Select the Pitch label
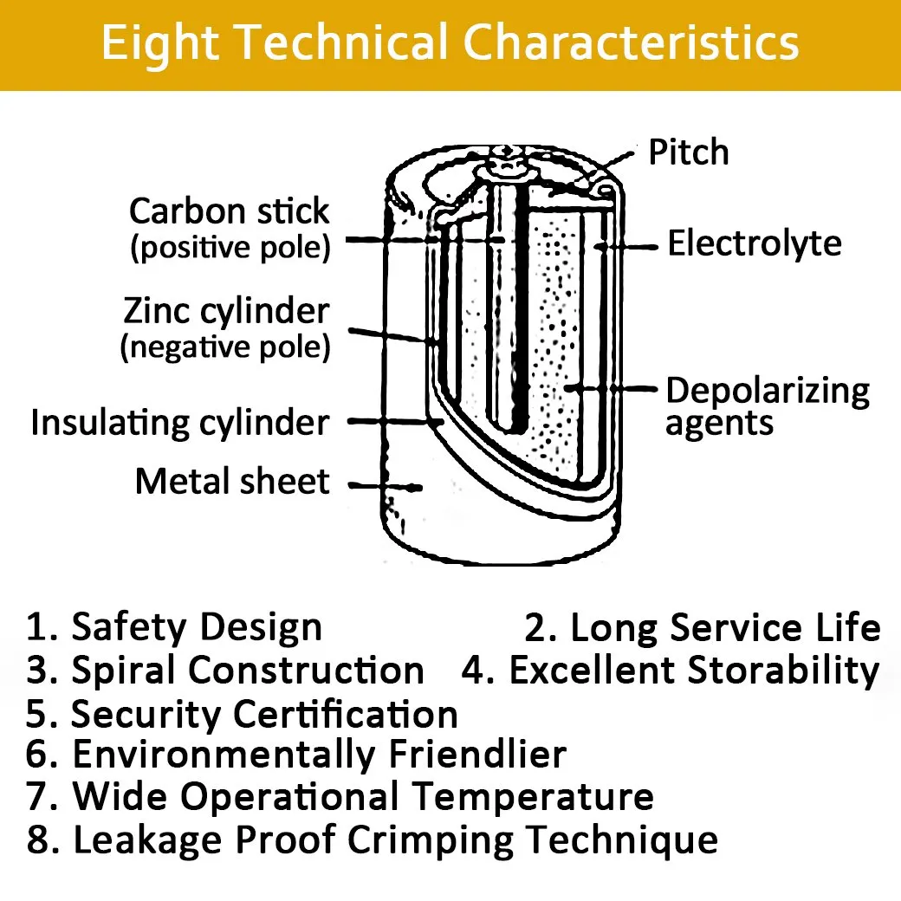[689, 152]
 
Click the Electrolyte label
[755, 243]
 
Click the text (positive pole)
[230, 248]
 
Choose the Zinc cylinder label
[226, 312]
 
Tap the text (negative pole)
[225, 347]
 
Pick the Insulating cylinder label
[180, 424]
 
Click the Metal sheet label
[232, 481]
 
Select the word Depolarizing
[768, 392]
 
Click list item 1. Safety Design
[173, 627]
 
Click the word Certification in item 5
[346, 714]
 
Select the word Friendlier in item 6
[477, 754]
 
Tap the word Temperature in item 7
[534, 798]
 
